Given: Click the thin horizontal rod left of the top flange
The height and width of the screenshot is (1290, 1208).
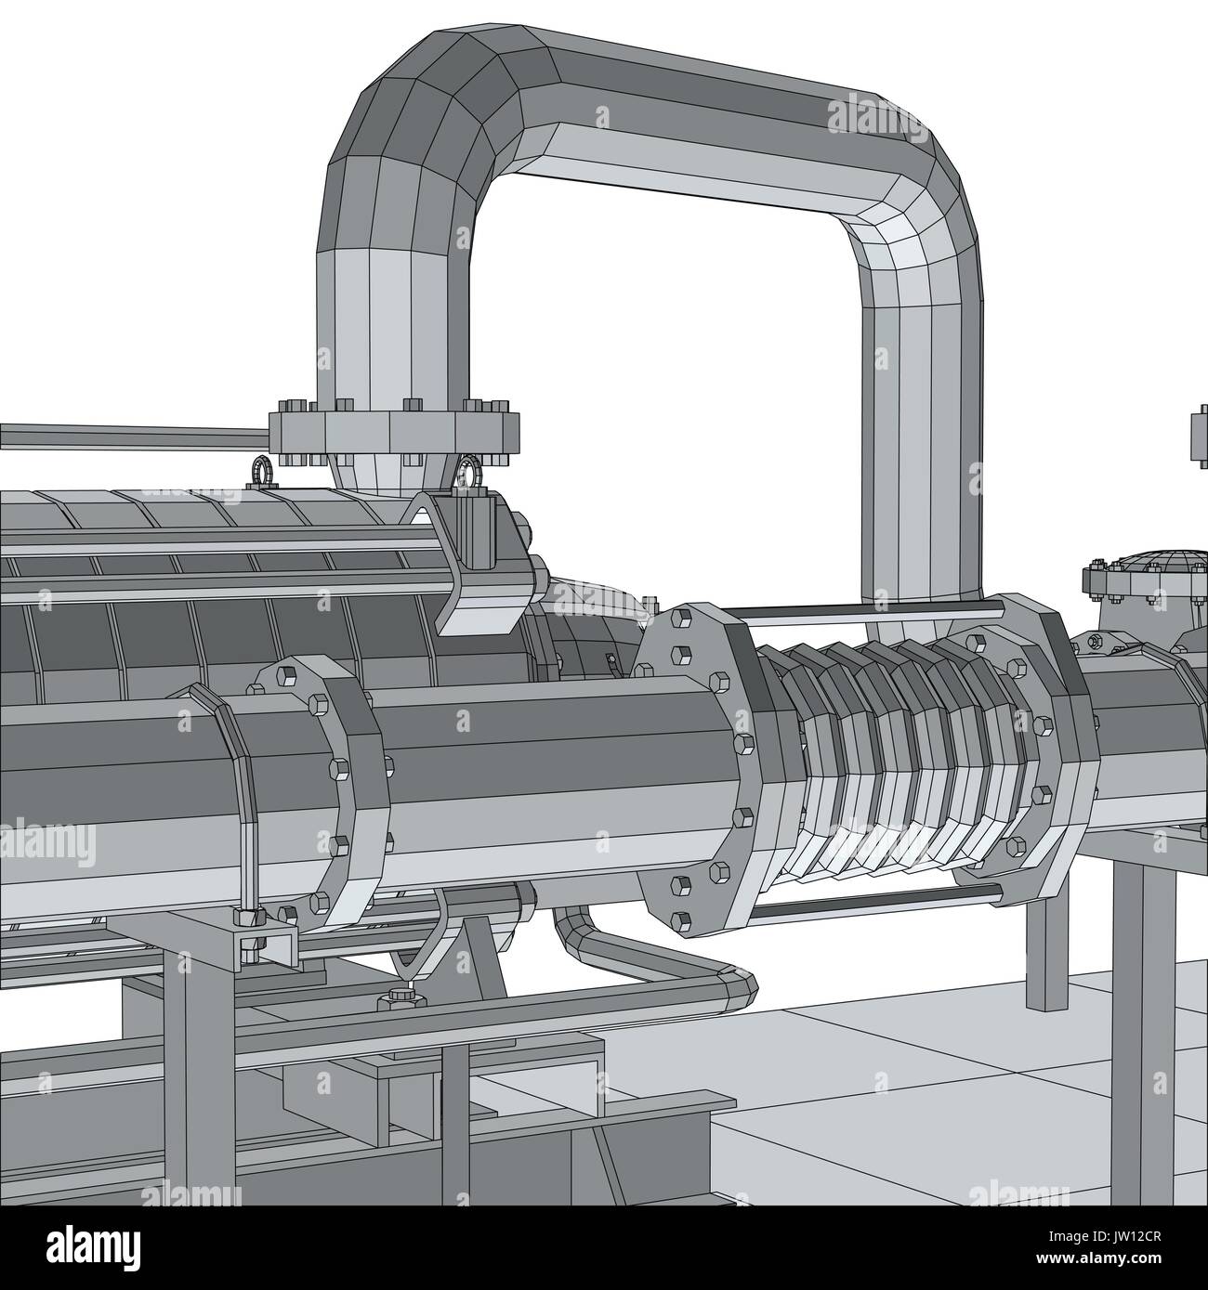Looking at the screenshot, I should click(130, 434).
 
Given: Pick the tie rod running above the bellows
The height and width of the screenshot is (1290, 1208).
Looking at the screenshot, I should click(864, 610).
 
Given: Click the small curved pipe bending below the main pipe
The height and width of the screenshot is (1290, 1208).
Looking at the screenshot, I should click(650, 966).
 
